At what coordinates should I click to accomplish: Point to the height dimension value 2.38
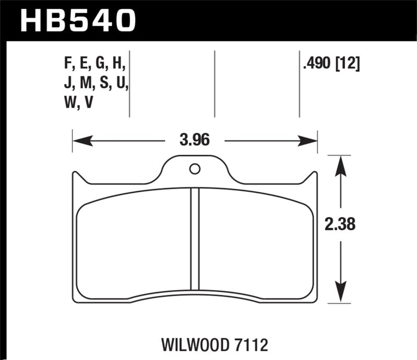tap(340, 226)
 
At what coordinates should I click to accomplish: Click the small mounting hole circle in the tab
tap(194, 169)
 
